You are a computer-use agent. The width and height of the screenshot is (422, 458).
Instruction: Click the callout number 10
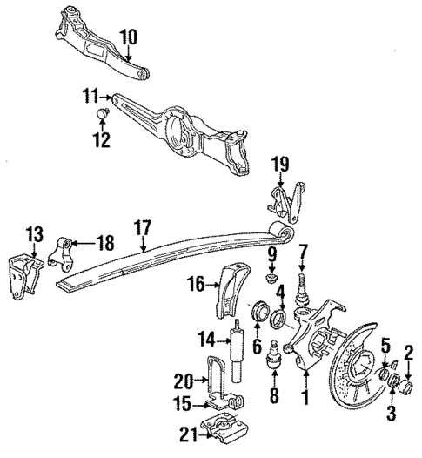129,37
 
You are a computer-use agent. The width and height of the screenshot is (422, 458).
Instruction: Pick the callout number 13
33,234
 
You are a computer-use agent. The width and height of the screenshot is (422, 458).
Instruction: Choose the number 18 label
104,246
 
